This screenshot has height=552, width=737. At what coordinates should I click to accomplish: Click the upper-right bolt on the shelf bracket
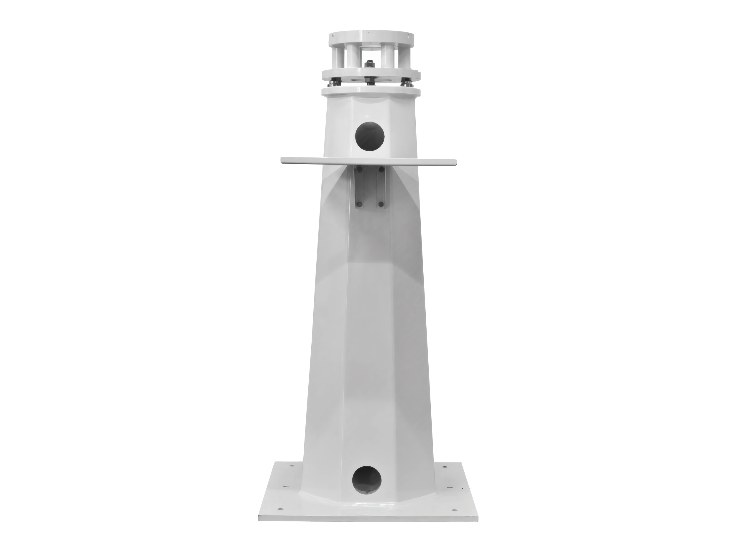click(x=381, y=170)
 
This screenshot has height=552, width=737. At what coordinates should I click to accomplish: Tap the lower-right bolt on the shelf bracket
click(x=381, y=204)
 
